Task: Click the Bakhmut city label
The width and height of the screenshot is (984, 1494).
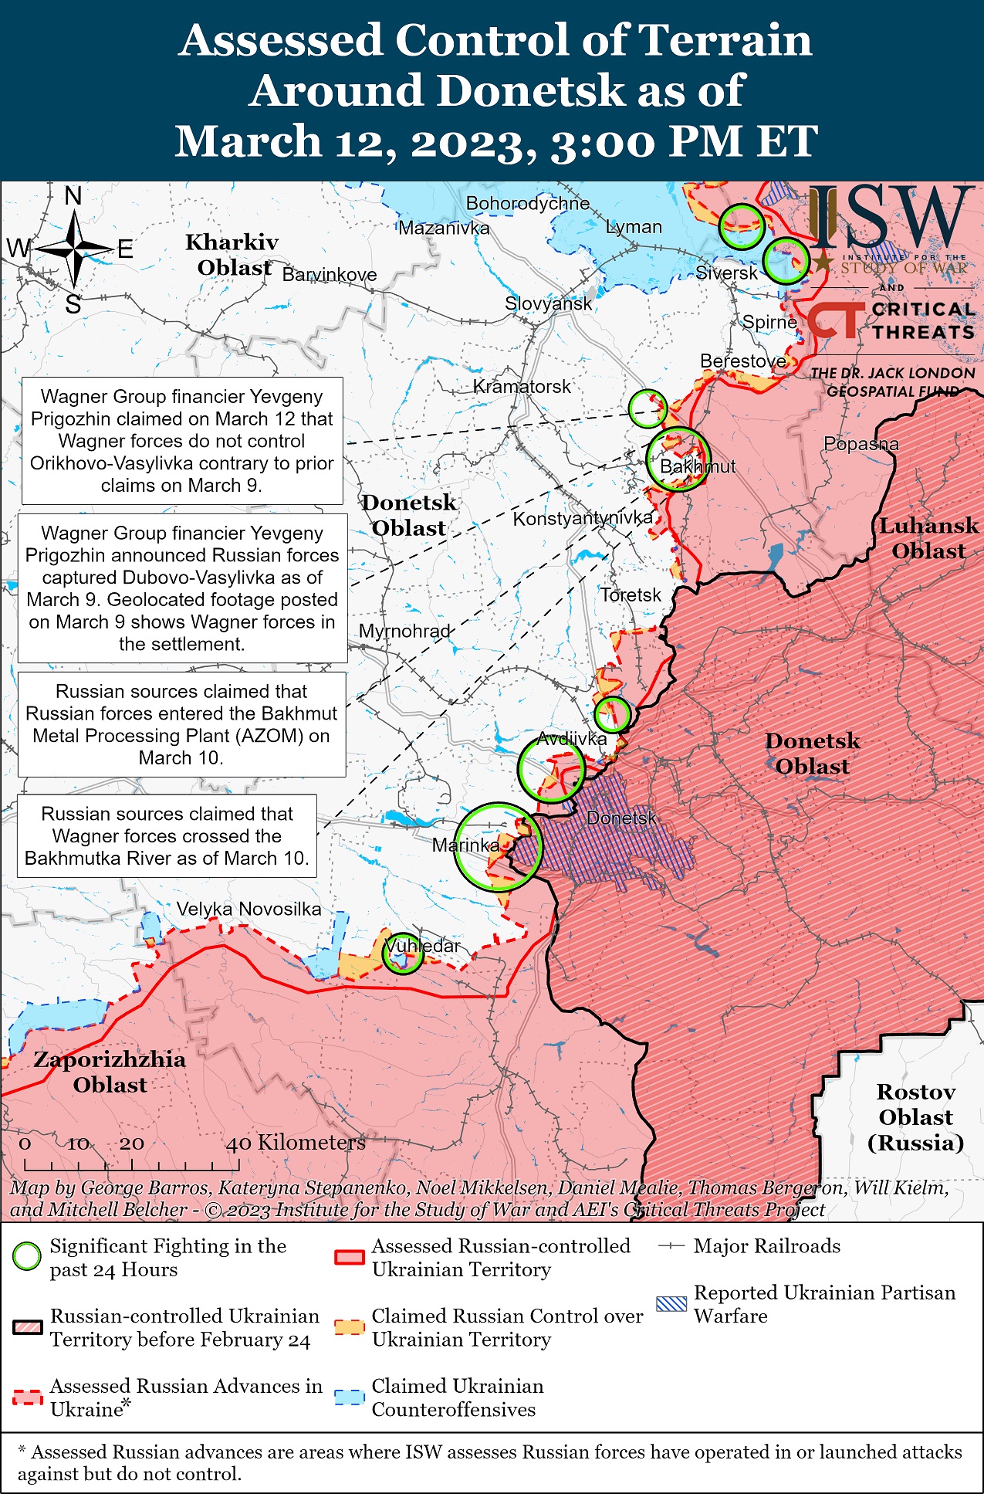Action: pos(698,466)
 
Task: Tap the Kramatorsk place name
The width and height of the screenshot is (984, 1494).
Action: pos(522,386)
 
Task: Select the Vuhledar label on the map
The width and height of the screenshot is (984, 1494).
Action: pos(422,945)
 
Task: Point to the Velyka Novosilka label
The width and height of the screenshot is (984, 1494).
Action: pos(249,909)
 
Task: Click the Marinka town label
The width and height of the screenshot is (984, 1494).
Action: pos(465,845)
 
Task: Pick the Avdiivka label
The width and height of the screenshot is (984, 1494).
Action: pos(572,738)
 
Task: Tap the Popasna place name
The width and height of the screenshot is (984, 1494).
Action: pos(861,444)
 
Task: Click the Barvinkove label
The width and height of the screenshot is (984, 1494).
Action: pos(330,275)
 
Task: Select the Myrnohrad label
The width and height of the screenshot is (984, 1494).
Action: pos(404,631)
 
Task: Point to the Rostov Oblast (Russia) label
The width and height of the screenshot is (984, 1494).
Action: pos(915,1116)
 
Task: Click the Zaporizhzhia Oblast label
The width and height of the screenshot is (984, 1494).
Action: pos(110,1072)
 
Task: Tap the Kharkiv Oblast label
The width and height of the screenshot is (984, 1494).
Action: pos(232,254)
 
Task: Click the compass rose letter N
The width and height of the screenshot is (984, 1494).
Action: pos(73,196)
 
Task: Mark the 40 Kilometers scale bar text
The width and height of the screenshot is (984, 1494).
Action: pos(296,1142)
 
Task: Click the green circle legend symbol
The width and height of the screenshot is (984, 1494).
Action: pos(27,1256)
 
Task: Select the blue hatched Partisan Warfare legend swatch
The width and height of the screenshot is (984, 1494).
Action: pos(671,1303)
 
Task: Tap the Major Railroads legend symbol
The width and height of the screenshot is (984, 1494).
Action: pos(671,1246)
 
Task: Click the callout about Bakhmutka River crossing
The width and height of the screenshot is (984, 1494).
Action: pos(167,835)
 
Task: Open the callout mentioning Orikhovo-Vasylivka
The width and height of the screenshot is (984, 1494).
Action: pos(182,440)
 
